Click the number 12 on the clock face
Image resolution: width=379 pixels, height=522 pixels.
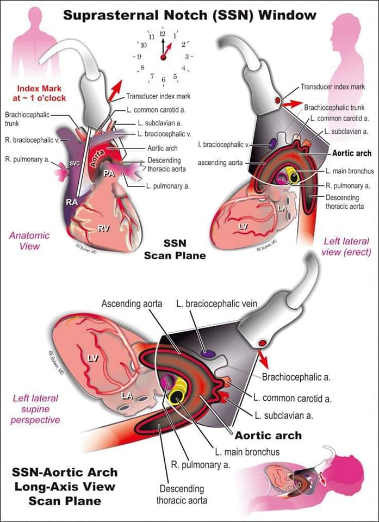click(163, 34)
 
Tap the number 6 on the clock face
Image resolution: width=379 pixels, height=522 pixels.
click(164, 79)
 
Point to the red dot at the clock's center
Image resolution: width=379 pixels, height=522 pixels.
click(163, 58)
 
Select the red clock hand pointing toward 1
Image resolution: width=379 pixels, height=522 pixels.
click(168, 49)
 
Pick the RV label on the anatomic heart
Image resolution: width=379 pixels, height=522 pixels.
click(103, 228)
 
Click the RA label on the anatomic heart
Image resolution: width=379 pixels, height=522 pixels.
click(72, 202)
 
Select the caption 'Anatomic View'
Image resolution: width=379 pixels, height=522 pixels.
click(29, 241)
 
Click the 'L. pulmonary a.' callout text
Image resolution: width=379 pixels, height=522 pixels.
click(168, 187)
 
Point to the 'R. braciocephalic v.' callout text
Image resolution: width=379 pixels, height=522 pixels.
click(32, 140)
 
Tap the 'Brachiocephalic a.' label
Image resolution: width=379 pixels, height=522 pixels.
click(296, 377)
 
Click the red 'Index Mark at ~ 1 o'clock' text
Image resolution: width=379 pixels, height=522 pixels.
click(39, 93)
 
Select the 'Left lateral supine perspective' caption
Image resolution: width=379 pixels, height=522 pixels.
click(35, 409)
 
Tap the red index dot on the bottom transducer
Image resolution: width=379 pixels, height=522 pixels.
click(263, 343)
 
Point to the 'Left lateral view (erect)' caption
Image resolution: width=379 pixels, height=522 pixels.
click(346, 247)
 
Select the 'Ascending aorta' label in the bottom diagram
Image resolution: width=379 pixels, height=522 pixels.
click(132, 303)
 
